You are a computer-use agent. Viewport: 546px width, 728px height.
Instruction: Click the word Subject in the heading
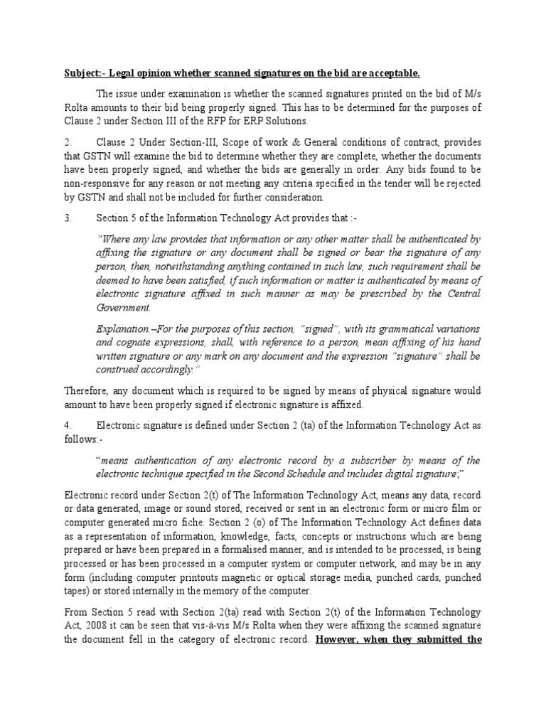[80, 73]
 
